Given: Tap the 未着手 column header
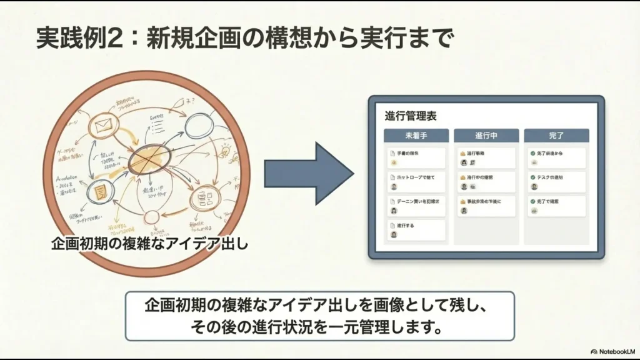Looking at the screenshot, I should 416,136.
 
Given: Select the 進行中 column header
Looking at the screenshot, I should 486,136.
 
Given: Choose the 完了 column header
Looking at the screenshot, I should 556,136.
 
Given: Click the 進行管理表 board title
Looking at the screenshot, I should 411,116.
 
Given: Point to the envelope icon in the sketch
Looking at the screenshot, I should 100,128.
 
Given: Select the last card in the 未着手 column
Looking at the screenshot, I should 416,230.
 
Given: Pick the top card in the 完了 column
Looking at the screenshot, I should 556,157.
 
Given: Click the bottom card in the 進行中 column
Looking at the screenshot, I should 486,206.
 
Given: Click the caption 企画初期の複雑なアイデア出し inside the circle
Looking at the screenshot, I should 150,244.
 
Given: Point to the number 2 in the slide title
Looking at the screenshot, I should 117,39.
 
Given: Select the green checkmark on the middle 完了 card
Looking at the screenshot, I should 532,177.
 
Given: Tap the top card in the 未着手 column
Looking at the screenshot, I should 416,157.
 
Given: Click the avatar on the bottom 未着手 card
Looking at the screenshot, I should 394,235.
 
